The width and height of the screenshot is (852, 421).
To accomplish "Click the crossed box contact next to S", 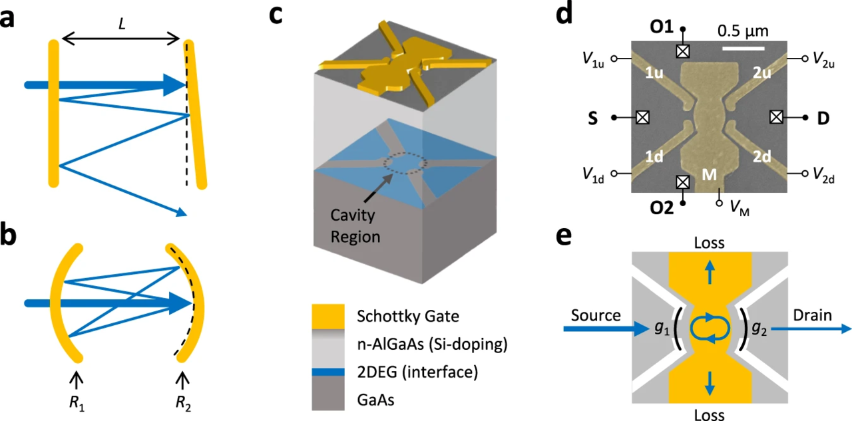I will coord(642,117).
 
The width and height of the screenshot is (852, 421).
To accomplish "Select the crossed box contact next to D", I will coord(775,117).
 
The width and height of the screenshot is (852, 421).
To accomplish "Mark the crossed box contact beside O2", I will coord(682,182).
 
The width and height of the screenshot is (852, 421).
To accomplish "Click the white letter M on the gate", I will coord(711,174).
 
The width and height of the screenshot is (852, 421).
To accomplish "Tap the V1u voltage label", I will coord(596,59).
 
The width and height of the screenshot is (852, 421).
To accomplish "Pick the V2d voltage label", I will coord(825,174).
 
